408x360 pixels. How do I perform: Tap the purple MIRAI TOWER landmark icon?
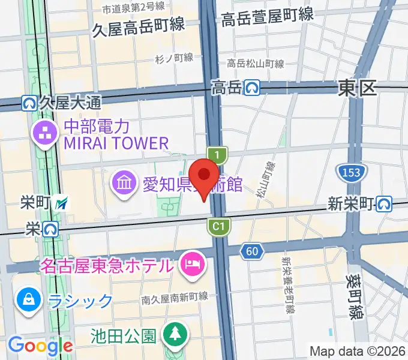pyautogui.click(x=46, y=134)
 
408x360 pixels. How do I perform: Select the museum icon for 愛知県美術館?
pyautogui.click(x=125, y=182)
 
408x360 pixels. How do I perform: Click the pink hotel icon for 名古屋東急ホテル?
pyautogui.click(x=193, y=264)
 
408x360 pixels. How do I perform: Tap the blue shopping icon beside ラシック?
pyautogui.click(x=28, y=299)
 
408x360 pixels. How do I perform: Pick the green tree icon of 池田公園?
pyautogui.click(x=175, y=334)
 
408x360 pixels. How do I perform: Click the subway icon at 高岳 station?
pyautogui.click(x=251, y=88)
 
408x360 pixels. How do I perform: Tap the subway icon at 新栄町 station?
pyautogui.click(x=385, y=204)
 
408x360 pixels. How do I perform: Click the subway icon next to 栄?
pyautogui.click(x=50, y=228)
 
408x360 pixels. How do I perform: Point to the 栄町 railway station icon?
pyautogui.click(x=61, y=203)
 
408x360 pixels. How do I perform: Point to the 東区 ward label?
pyautogui.click(x=357, y=89)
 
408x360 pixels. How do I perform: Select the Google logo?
pyautogui.click(x=40, y=346)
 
